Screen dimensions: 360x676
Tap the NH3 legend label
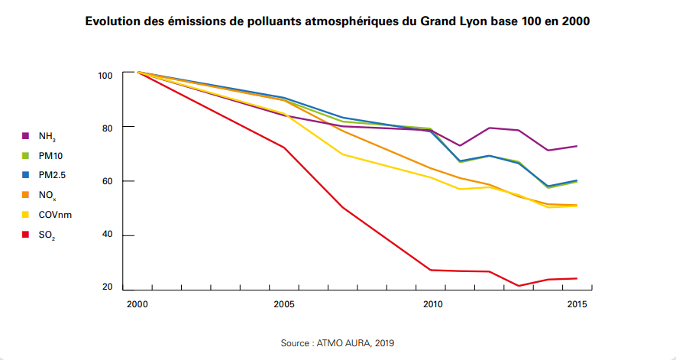47,137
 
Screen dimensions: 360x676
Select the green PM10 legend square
25,156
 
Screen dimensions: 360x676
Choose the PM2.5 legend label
52,175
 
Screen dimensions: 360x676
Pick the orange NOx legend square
25,195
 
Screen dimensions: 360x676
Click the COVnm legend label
55,215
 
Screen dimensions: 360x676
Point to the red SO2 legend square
25,235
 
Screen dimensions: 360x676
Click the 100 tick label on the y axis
105,75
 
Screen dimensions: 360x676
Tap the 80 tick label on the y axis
108,128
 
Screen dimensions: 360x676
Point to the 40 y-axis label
108,235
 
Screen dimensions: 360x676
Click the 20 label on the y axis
108,287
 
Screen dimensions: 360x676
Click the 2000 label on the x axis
137,305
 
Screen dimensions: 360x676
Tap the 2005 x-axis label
284,305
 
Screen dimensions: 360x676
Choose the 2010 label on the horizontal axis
432,305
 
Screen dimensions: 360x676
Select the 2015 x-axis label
577,305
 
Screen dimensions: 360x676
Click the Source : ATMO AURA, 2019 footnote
338,343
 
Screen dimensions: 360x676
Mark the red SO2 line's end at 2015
577,278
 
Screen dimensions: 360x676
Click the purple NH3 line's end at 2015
577,146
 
